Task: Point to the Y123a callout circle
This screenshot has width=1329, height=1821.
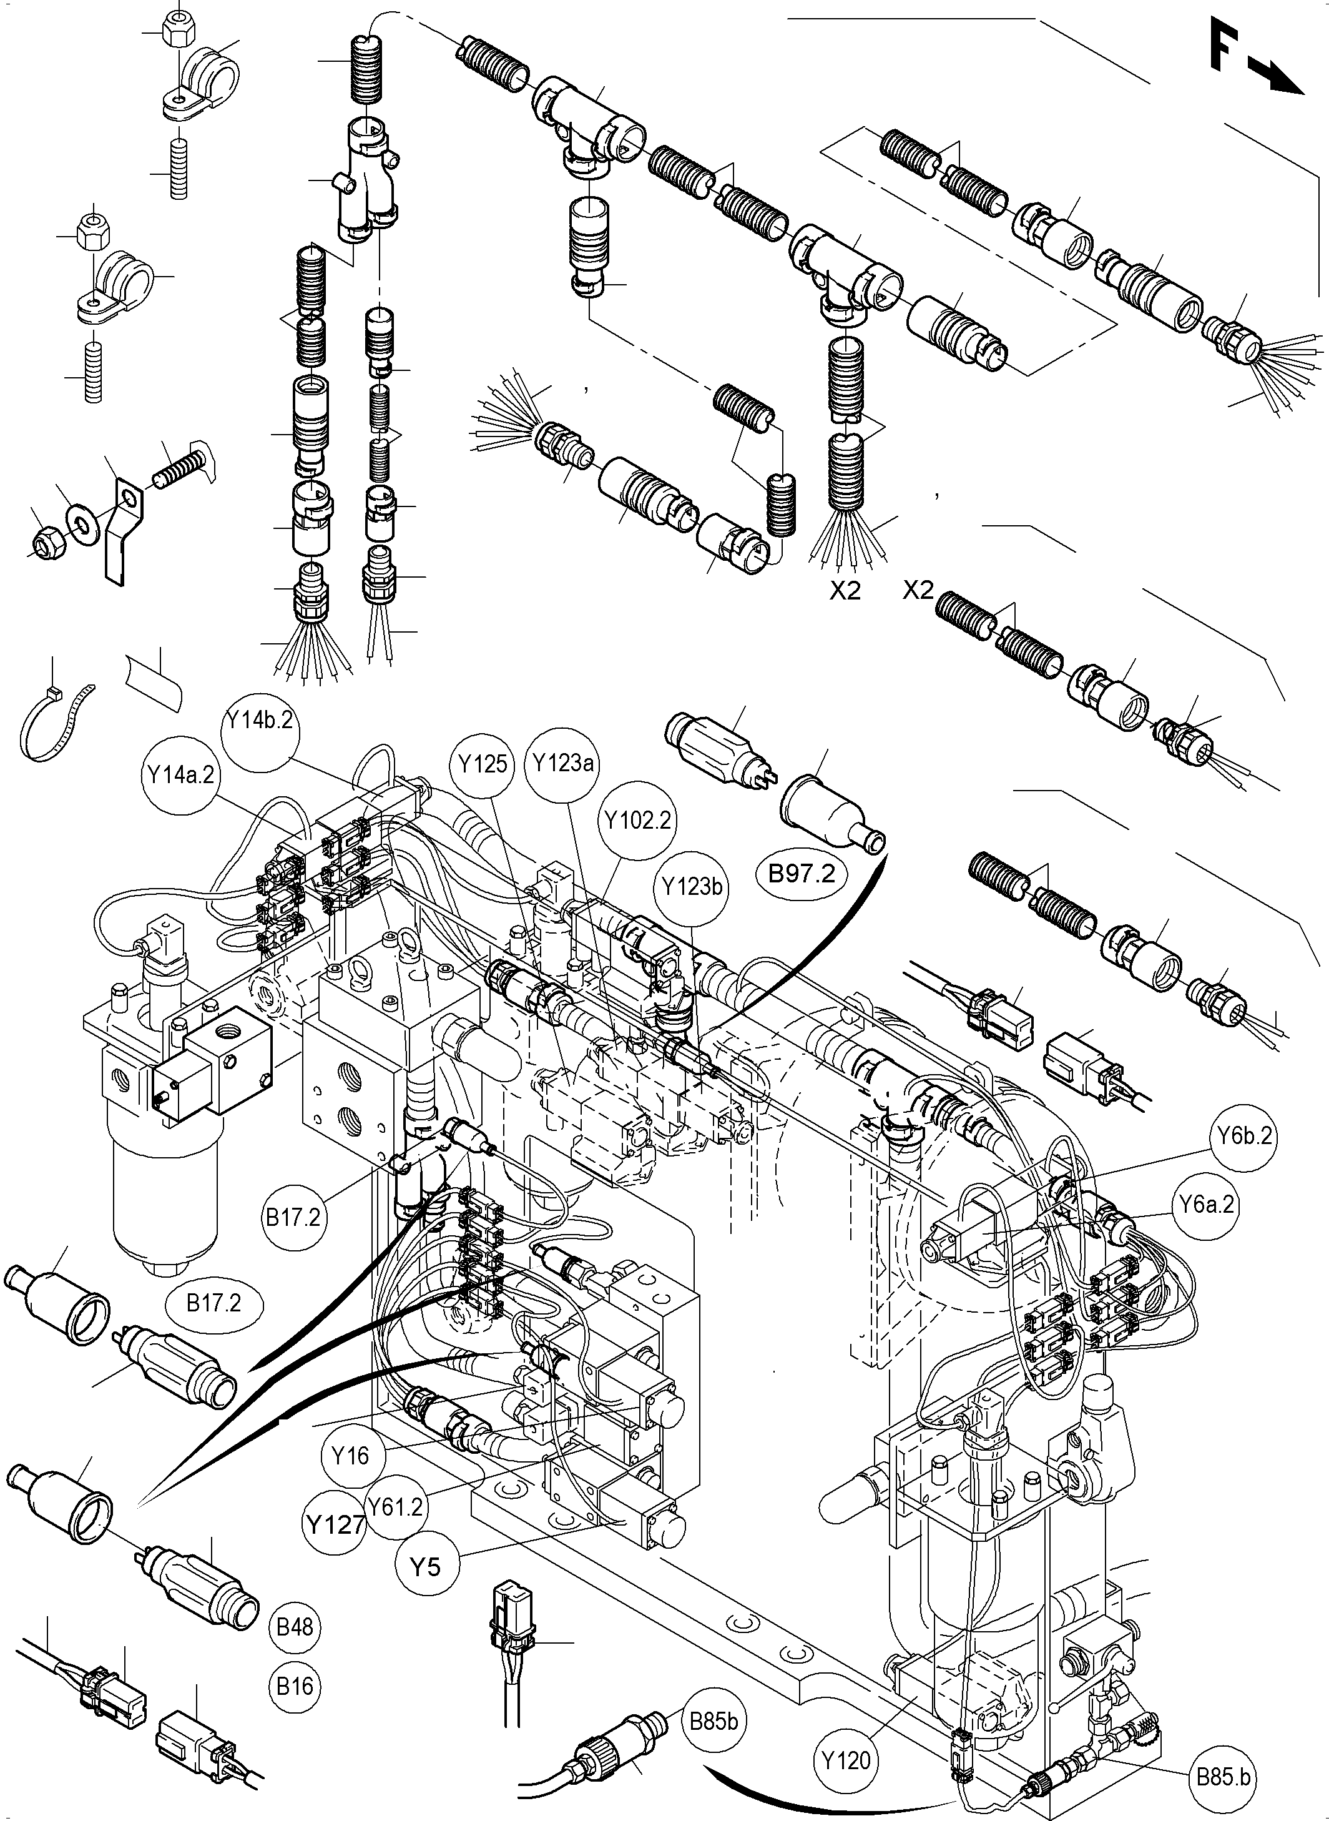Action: coord(562,762)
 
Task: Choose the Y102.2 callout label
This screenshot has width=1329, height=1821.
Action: coord(638,820)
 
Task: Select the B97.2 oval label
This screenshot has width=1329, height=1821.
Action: coord(802,873)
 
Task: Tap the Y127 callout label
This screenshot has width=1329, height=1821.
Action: coord(335,1523)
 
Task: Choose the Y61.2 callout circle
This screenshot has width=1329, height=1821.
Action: coord(395,1506)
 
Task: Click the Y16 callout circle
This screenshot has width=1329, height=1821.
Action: coord(351,1455)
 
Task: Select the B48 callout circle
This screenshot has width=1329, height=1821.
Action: coord(295,1626)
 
